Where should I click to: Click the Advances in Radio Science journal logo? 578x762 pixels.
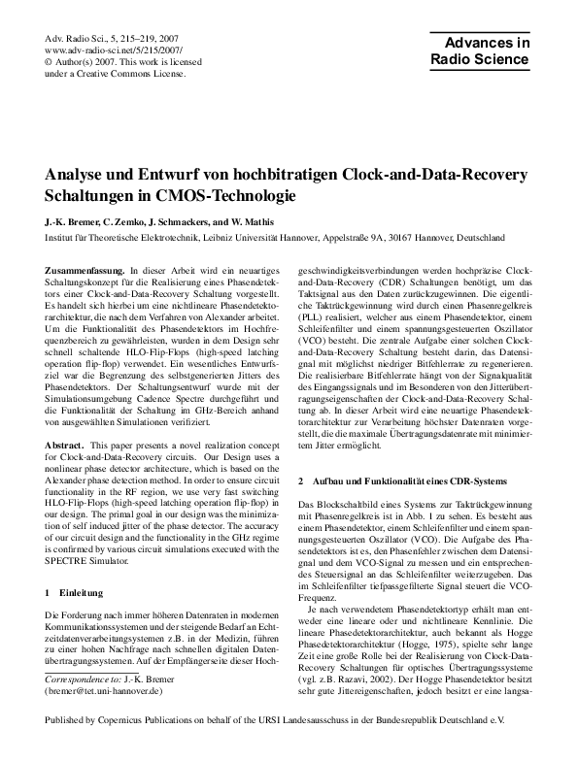click(482, 50)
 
